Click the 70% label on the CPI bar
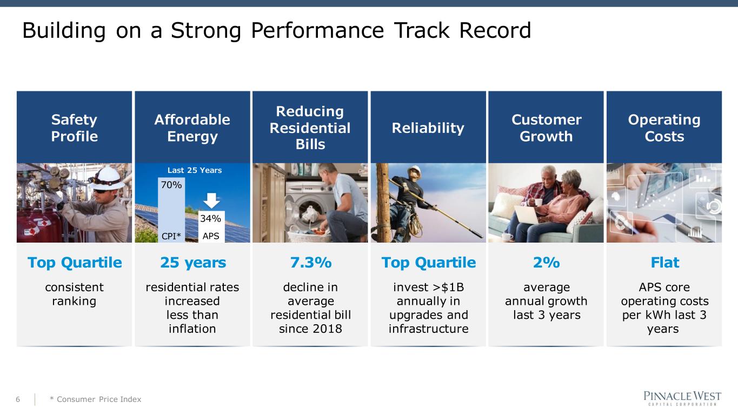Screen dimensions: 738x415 pos(171,185)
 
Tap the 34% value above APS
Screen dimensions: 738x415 pos(210,218)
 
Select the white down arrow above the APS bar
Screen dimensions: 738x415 pos(211,200)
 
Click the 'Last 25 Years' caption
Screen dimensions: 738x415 pos(195,170)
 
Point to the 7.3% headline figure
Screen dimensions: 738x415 pos(311,263)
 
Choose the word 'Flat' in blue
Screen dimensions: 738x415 pos(664,263)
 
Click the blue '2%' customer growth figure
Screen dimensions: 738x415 pos(546,263)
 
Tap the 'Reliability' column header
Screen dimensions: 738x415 pos(428,128)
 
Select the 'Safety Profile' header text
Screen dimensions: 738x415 pos(75,128)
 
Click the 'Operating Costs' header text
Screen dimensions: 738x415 pos(664,128)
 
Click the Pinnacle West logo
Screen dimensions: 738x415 pos(682,398)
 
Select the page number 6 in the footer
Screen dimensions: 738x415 pos(18,399)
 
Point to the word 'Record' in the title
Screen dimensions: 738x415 pos(495,30)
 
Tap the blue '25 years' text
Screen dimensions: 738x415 pos(193,263)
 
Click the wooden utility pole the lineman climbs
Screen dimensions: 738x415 pos(383,203)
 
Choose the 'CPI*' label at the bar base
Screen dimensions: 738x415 pos(171,236)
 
